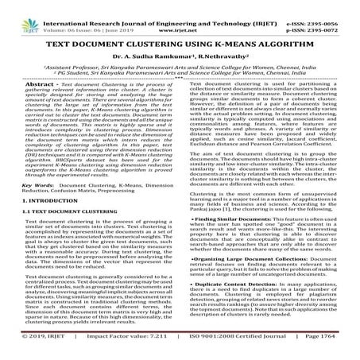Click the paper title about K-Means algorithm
180,31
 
